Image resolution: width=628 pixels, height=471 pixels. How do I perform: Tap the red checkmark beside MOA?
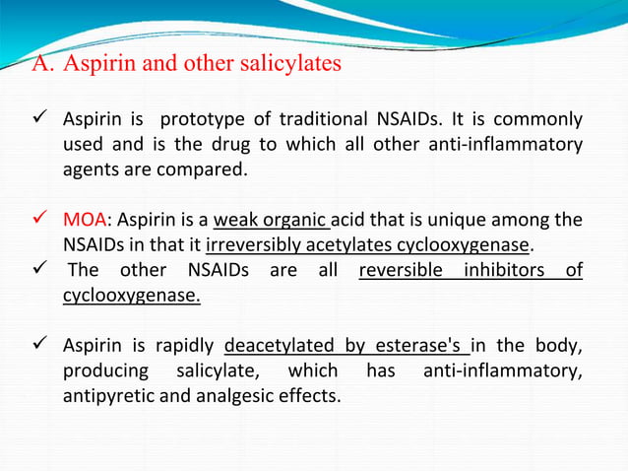tap(43, 219)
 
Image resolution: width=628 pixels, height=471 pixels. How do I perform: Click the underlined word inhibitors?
tap(501, 270)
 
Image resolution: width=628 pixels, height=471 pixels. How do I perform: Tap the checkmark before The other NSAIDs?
tap(43, 270)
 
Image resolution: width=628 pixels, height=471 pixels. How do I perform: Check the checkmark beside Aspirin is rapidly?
tap(43, 346)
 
